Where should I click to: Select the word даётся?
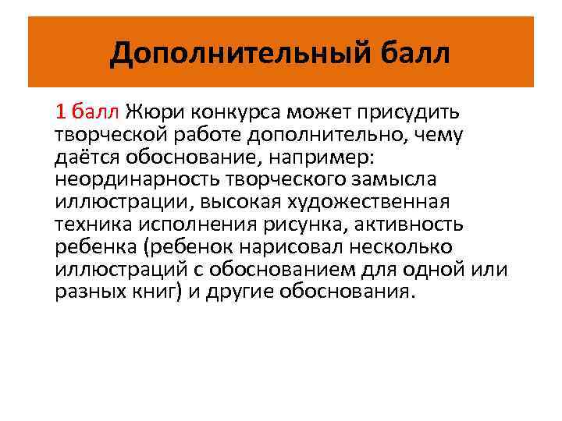(x=85, y=157)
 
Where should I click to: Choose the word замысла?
(x=392, y=180)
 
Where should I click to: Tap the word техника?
(x=91, y=225)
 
